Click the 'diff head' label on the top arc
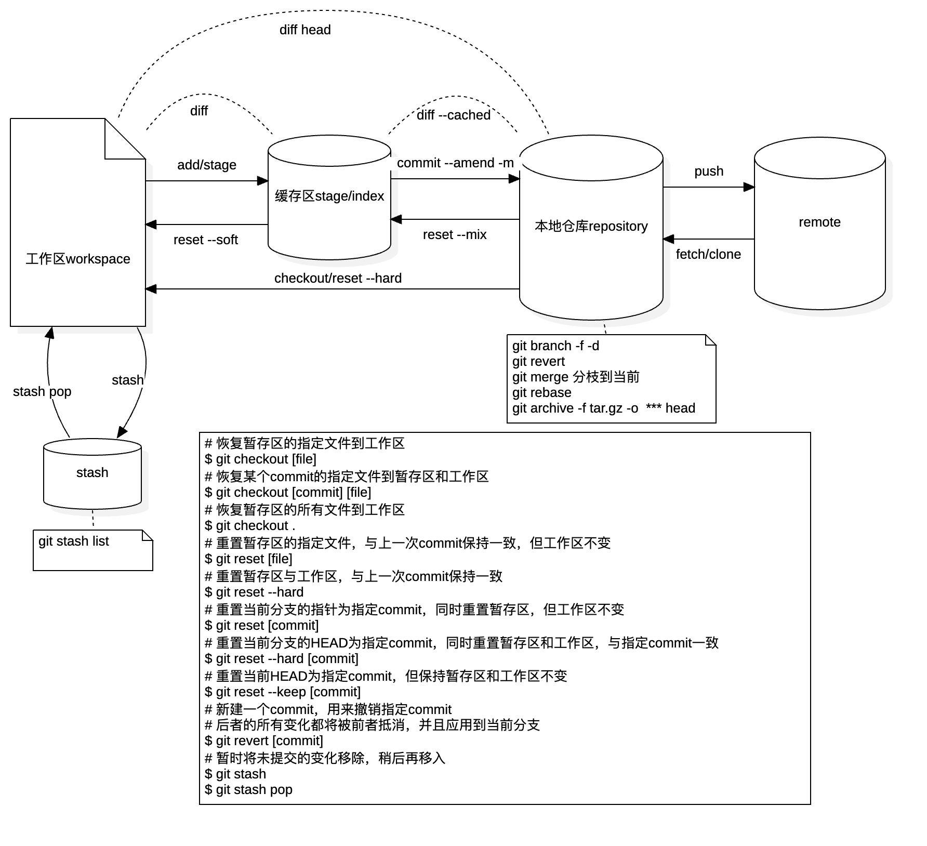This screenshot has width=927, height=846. pyautogui.click(x=305, y=30)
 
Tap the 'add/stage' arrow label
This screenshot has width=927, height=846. pyautogui.click(x=207, y=165)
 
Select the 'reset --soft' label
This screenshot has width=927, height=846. pyautogui.click(x=206, y=240)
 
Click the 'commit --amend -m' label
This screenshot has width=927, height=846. pyautogui.click(x=455, y=163)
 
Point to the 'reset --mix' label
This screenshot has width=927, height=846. pyautogui.click(x=455, y=234)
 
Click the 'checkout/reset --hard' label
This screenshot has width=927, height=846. pyautogui.click(x=338, y=278)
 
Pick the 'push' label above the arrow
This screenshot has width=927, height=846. pyautogui.click(x=709, y=171)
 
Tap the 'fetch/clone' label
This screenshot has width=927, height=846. pyautogui.click(x=708, y=254)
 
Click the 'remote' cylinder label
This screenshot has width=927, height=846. pyautogui.click(x=819, y=222)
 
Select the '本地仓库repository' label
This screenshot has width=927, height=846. pyautogui.click(x=591, y=226)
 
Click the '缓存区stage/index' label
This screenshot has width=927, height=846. pyautogui.click(x=329, y=196)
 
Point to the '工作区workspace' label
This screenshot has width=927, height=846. pyautogui.click(x=78, y=259)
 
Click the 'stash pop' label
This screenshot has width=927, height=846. pyautogui.click(x=42, y=391)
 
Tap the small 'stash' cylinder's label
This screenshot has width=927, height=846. pyautogui.click(x=92, y=472)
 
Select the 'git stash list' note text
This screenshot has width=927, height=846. pyautogui.click(x=74, y=541)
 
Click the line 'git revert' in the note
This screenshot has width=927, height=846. pyautogui.click(x=538, y=361)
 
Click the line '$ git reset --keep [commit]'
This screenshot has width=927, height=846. pyautogui.click(x=283, y=692)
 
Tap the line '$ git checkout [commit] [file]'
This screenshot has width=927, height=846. pyautogui.click(x=288, y=492)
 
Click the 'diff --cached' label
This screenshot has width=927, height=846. pyautogui.click(x=454, y=115)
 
